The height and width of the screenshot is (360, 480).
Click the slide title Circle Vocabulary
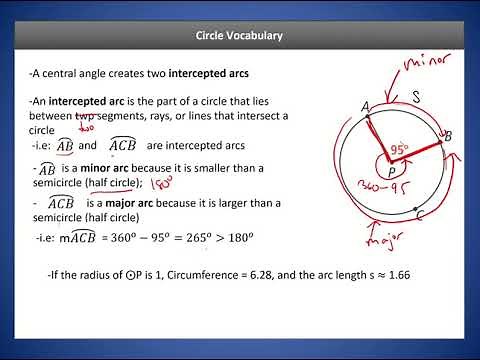pos(239,36)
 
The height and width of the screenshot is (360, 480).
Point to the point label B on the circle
pos(447,136)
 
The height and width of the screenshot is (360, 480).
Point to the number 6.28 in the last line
pos(274,274)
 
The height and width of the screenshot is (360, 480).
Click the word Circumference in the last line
pos(209,274)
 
